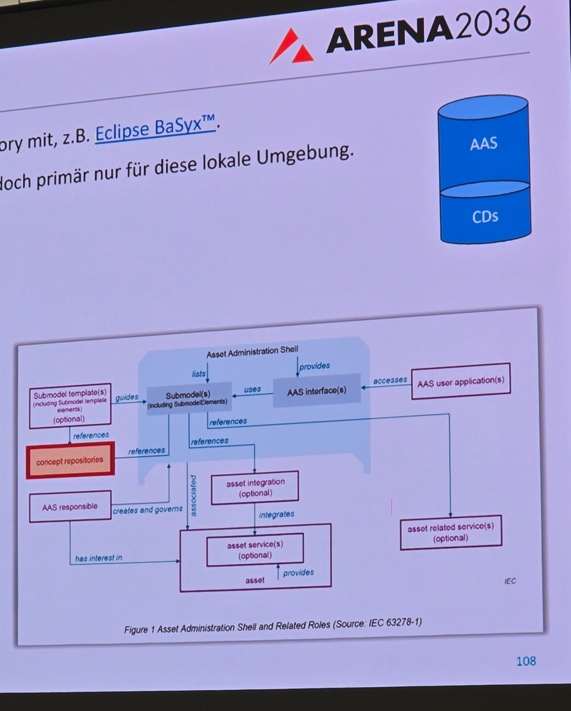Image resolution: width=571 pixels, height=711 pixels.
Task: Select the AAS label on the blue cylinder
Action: [x=483, y=144]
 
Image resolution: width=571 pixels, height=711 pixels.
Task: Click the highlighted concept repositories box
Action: [x=70, y=460]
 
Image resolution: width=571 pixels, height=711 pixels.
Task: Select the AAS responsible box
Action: [x=70, y=506]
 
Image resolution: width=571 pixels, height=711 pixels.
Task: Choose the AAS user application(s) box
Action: [x=461, y=382]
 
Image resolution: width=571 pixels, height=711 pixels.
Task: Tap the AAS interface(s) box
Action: [x=316, y=391]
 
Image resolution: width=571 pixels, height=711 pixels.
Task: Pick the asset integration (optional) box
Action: [x=255, y=487]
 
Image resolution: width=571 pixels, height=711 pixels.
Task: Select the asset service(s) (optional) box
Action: [x=255, y=550]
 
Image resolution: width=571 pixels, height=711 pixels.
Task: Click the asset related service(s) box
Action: [x=451, y=533]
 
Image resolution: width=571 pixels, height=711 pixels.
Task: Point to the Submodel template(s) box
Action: [x=70, y=406]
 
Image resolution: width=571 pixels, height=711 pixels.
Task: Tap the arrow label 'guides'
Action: [x=127, y=397]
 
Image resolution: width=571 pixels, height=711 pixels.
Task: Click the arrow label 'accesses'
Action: [x=390, y=380]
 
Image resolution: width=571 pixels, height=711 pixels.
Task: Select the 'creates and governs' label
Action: [x=147, y=510]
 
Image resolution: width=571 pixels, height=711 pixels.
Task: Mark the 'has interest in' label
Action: [x=98, y=558]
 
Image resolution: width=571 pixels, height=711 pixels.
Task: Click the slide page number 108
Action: [x=526, y=661]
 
